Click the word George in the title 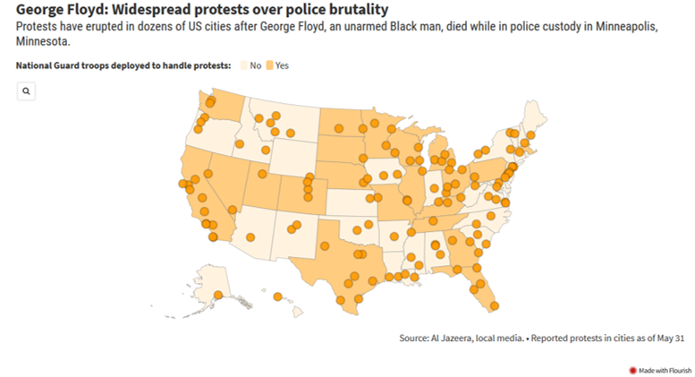coord(42,10)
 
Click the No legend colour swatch coord(243,65)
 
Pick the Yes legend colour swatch coord(270,65)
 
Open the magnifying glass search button coord(27,91)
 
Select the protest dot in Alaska coord(219,294)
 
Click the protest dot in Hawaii coord(278,296)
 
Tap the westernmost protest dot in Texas coord(311,246)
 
